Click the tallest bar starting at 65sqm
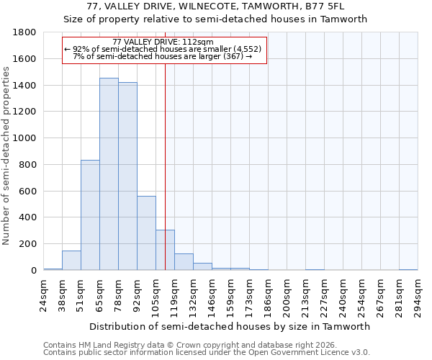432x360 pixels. tap(109, 174)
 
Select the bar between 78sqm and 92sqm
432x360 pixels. tap(127, 176)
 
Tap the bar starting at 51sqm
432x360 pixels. tap(90, 215)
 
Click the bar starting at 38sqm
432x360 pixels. tap(71, 261)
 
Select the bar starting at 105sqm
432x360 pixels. tap(165, 250)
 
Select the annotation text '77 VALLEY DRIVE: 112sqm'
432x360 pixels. tap(163, 42)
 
